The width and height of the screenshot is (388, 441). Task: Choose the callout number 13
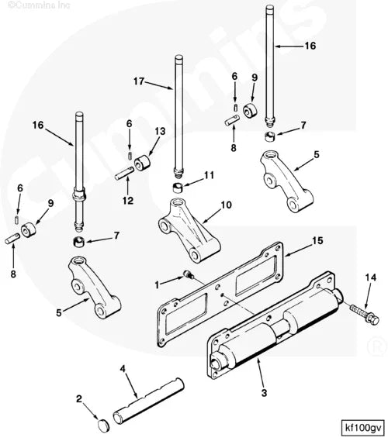click(x=161, y=132)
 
